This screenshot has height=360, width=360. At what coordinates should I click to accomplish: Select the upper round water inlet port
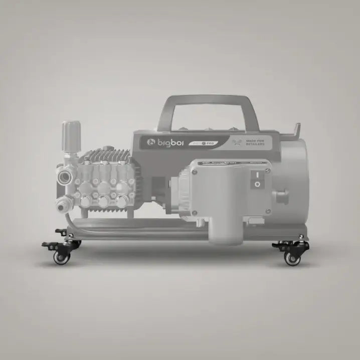point(65,177)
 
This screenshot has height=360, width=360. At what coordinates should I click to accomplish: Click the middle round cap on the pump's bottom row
point(104,202)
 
